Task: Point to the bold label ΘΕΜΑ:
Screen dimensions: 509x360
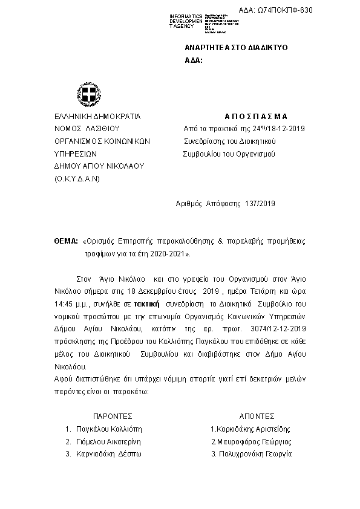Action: [66, 241]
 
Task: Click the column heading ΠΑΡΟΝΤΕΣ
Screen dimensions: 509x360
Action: [113, 416]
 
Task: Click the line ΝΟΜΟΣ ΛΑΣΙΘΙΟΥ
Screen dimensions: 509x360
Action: [87, 128]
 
